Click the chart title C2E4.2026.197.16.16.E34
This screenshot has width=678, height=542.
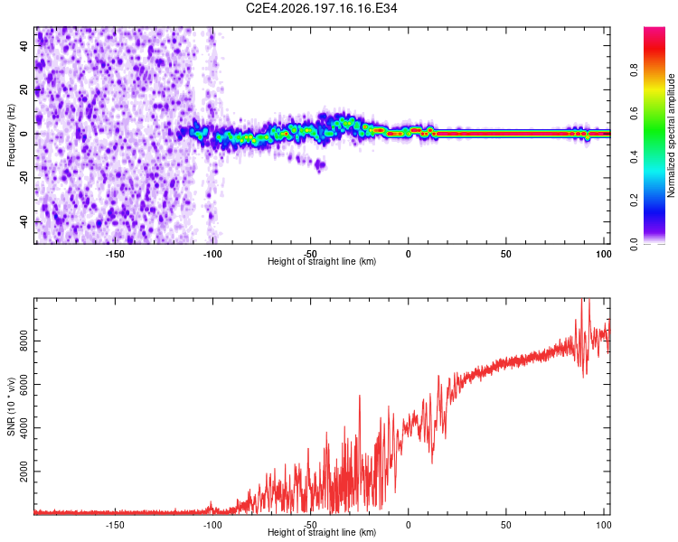click(x=321, y=8)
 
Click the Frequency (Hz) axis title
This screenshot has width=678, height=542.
click(x=11, y=135)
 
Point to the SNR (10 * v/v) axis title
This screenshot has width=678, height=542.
click(x=11, y=406)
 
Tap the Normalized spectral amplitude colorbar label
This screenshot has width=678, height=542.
click(x=671, y=135)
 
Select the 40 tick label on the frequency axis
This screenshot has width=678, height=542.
click(x=24, y=45)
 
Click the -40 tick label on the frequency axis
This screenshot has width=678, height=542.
click(x=24, y=223)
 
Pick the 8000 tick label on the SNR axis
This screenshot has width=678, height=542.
click(x=24, y=341)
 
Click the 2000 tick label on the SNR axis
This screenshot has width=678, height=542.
click(x=24, y=472)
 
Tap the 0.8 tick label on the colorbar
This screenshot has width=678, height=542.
click(x=634, y=70)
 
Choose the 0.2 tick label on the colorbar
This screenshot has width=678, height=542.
click(x=634, y=201)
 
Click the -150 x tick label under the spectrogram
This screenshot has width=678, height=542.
click(x=115, y=254)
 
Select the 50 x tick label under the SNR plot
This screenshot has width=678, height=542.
click(x=506, y=525)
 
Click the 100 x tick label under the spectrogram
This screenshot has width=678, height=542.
click(x=604, y=254)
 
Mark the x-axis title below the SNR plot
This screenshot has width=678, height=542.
click(x=322, y=532)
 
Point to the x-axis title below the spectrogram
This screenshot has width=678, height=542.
click(x=322, y=261)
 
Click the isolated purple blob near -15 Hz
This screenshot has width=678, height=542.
click(x=320, y=165)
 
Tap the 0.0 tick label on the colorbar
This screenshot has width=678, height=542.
click(x=634, y=244)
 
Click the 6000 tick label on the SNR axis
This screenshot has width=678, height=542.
click(x=24, y=385)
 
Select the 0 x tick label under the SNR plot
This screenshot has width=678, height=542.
click(x=409, y=525)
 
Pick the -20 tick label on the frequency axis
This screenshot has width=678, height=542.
click(x=24, y=178)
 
